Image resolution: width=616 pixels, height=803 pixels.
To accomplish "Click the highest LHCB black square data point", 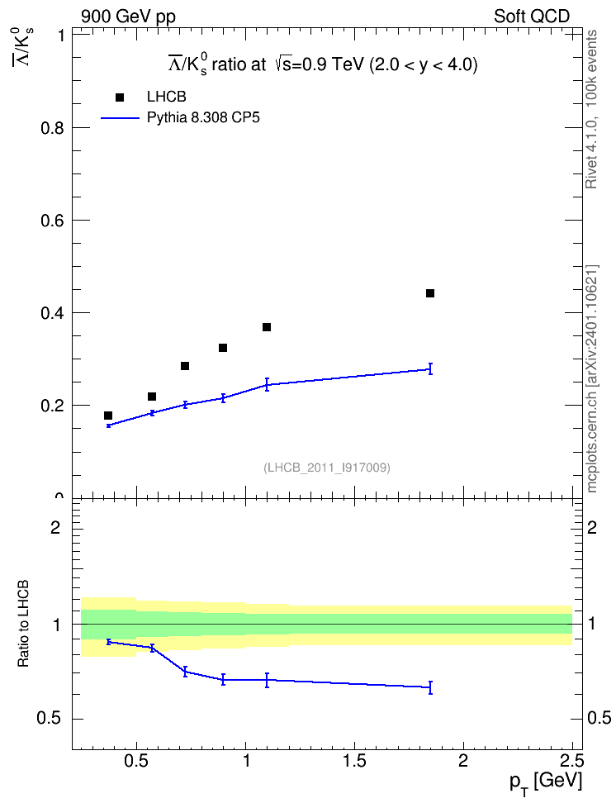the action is click(x=430, y=293).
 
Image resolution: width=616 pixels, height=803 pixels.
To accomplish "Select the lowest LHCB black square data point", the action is click(x=108, y=416).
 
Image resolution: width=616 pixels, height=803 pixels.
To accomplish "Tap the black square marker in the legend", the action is click(x=120, y=97).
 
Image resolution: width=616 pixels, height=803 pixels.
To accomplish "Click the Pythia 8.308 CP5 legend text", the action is click(x=203, y=118).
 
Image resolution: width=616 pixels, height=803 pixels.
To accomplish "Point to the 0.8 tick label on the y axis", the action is click(x=52, y=128).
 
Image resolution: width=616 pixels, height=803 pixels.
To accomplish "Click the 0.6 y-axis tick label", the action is click(x=52, y=221).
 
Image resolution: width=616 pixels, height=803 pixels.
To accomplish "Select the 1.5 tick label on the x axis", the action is click(x=354, y=761).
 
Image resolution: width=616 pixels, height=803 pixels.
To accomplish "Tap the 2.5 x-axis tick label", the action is click(x=571, y=761).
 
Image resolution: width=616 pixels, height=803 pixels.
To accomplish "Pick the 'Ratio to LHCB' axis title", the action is click(x=23, y=624).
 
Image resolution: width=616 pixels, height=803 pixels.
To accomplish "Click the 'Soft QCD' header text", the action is click(x=532, y=17).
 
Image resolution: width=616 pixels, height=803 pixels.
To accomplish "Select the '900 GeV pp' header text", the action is click(x=128, y=17).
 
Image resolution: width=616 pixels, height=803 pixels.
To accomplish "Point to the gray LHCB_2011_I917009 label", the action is click(x=327, y=468).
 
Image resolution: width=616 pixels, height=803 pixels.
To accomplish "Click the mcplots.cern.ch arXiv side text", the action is click(x=592, y=378).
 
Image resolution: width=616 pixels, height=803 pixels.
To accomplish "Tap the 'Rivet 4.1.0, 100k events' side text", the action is click(x=591, y=109).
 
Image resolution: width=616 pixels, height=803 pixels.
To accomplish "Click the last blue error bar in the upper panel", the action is click(x=431, y=368).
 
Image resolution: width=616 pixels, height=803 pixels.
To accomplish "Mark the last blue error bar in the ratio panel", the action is click(x=431, y=687).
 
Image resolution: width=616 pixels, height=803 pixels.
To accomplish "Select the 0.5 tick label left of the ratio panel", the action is click(x=49, y=719).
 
